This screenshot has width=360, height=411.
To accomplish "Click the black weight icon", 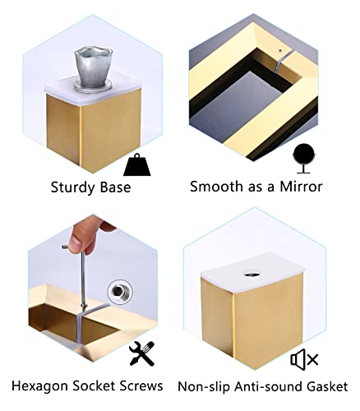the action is tap(137, 165).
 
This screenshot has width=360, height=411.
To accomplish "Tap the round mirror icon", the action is tap(303, 158).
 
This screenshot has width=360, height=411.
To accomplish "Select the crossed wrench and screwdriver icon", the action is tap(141, 353).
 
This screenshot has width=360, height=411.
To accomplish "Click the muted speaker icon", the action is tap(304, 359).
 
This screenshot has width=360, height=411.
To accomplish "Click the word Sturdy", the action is tap(72, 188).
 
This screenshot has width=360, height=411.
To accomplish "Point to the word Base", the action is tap(115, 187).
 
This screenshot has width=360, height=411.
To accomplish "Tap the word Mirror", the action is tap(301, 187).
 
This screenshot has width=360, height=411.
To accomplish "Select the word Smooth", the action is tap(217, 187).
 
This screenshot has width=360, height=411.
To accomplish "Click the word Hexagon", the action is tap(39, 386).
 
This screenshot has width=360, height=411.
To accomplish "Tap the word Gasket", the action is tap(327, 386).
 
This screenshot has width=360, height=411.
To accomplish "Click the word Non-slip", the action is tap(204, 387).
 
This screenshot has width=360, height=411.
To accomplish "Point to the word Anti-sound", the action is tap(268, 386).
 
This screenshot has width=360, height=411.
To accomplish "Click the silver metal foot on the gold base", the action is tap(94, 68).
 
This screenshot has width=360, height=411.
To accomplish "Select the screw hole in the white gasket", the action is tap(252, 274).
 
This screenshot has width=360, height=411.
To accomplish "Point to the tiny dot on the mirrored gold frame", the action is tap(280, 50).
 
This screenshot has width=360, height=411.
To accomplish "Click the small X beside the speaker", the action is tap(312, 359).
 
